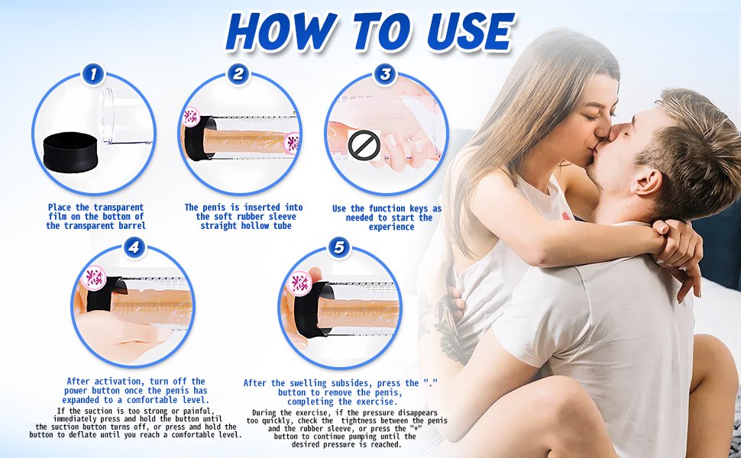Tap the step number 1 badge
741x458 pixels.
coord(93,74)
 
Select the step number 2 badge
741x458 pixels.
coord(238,74)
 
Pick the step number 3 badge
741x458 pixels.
coord(386,74)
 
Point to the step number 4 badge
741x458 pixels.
coord(134,247)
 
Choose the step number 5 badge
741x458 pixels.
coord(339,247)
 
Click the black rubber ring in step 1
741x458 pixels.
coord(70,150)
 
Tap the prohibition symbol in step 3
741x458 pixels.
coord(364,144)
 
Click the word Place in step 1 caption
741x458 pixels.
coord(61,208)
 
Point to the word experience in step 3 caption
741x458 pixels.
coord(391,227)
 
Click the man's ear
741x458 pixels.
coord(644,182)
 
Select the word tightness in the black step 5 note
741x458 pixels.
coord(360,421)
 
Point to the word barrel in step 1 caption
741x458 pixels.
coord(131,226)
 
